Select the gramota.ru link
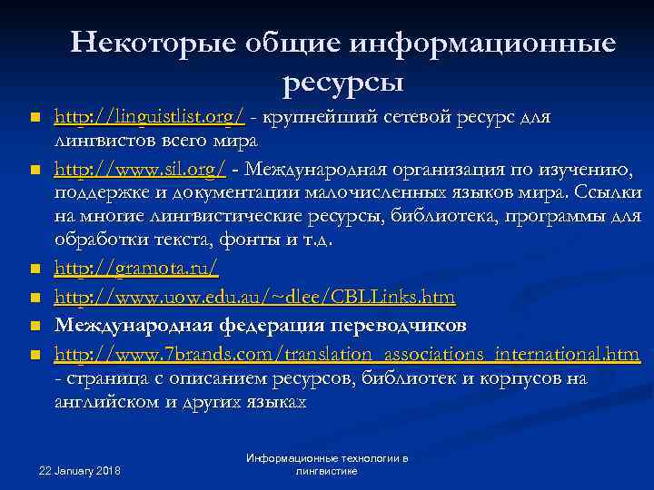(136, 269)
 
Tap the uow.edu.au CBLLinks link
(255, 297)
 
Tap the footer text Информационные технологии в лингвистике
(327, 465)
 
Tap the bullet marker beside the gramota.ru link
(34, 270)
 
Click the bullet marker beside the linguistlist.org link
(34, 119)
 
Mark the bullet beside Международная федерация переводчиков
(34, 326)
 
